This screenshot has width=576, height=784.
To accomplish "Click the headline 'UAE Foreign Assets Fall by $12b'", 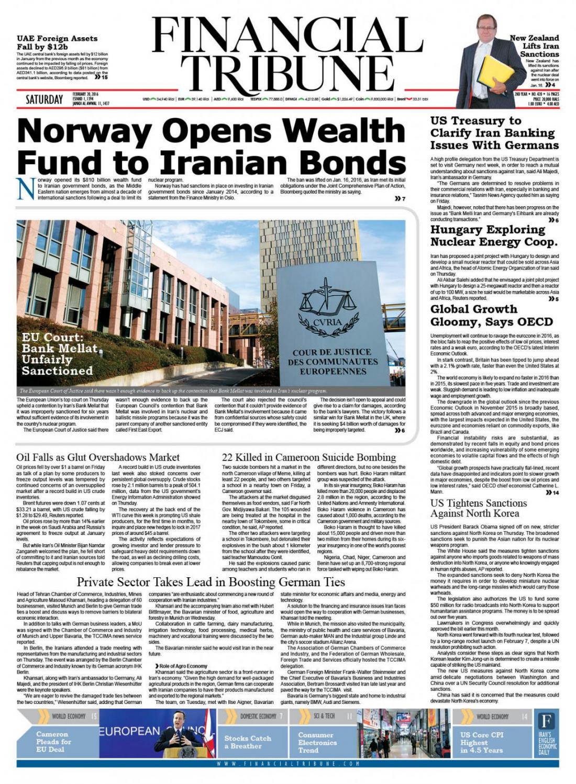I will coord(57,42).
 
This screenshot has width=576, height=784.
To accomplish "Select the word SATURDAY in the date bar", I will coord(45,99).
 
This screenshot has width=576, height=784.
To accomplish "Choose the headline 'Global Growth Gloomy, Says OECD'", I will coord(491,315).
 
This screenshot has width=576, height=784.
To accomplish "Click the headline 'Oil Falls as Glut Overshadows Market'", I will coord(98,457).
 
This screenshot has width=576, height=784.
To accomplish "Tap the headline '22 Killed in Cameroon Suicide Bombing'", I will coord(309,457).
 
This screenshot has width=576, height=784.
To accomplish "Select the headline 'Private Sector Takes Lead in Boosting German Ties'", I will coord(211,582).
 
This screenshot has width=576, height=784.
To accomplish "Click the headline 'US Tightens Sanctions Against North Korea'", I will coord(479,508).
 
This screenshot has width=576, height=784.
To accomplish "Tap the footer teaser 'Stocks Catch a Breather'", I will coord(248,742).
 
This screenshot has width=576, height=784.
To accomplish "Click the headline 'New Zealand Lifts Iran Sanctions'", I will coord(534,46).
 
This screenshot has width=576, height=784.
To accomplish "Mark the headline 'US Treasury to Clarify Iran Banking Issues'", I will coord(494,133).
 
